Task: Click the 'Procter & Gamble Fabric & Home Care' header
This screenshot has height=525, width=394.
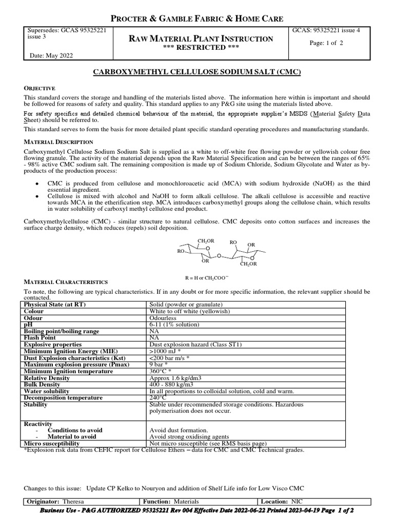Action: [x=197, y=18]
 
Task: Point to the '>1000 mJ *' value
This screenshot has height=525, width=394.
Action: [x=167, y=351]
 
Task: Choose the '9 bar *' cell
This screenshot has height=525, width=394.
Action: [x=160, y=365]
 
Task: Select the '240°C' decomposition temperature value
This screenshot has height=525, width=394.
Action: [x=158, y=398]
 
